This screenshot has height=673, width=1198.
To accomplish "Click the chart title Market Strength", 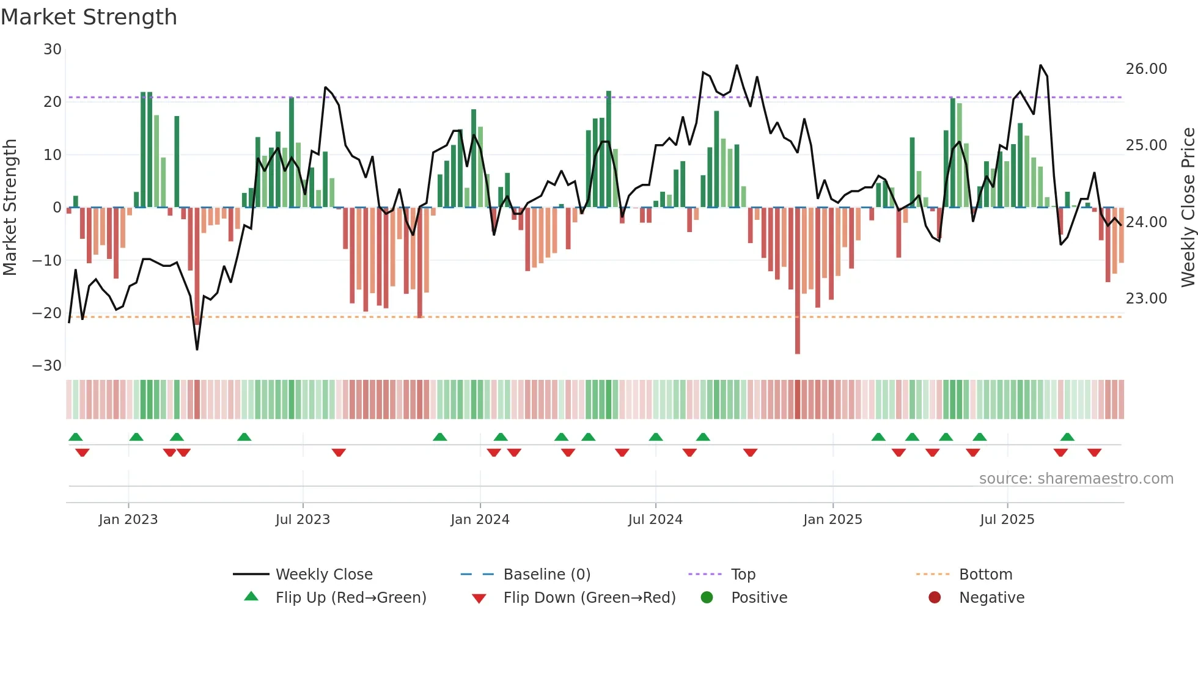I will (x=89, y=17).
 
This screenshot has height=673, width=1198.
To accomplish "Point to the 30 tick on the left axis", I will (x=53, y=49).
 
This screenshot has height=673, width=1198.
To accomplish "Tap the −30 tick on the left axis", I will (x=47, y=366).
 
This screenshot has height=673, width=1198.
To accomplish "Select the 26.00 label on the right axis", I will (x=1146, y=69).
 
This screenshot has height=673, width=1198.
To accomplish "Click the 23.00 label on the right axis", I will (x=1146, y=299).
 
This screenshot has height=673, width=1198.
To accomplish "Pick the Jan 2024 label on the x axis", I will (x=480, y=520).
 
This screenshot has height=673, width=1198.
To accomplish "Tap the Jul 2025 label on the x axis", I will (x=1007, y=520).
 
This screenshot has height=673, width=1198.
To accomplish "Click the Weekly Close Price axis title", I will (x=1188, y=208).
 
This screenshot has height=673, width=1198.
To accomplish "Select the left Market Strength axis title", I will (x=10, y=208).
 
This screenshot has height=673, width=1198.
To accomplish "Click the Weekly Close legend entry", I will (x=323, y=575).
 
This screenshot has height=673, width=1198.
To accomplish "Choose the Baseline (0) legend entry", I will (x=546, y=575).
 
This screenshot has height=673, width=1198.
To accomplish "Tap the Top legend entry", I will (x=743, y=575).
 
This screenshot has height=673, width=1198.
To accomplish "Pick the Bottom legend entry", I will (x=985, y=575).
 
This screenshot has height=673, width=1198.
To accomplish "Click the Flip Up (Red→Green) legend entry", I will (x=350, y=598).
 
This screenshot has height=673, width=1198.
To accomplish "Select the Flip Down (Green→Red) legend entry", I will (x=589, y=598).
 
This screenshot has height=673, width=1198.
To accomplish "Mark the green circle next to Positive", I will (x=707, y=598).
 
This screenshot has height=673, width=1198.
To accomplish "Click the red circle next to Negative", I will (x=935, y=598).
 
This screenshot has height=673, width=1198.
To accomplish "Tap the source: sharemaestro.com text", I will (x=1076, y=479).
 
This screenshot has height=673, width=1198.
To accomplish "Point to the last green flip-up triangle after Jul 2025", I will (x=1067, y=437).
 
